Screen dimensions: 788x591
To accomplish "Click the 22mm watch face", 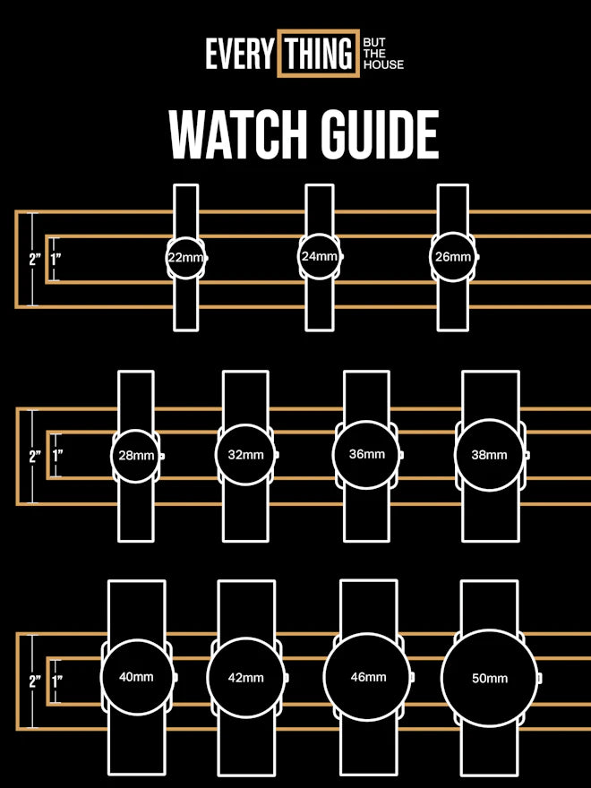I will coord(185,258).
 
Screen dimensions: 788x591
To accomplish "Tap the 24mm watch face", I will coord(319,256).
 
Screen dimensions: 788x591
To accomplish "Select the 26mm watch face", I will coord(452,257).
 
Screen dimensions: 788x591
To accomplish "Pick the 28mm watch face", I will coord(136,456).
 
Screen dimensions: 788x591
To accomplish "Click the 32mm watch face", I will coord(245,455).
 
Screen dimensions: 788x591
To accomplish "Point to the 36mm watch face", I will coord(366,454).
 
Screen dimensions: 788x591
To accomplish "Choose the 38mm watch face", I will coord(489,454).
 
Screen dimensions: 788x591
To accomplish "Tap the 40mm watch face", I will coord(136,677).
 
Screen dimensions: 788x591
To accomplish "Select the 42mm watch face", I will coord(245,678).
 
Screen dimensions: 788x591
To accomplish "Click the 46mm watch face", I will coord(368,677).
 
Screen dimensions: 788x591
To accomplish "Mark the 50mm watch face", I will coord(490,678).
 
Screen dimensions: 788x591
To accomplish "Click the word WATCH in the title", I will coord(228,136).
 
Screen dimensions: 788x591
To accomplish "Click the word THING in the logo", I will coord(318,55).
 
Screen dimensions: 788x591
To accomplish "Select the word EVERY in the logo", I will coord(239,55).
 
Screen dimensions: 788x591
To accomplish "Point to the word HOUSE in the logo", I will coord(383,65).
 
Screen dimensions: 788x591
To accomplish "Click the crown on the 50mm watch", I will coord(542,678).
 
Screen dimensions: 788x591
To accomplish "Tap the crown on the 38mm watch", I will coord(527,455).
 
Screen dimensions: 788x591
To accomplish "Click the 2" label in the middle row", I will coord(35,456).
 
